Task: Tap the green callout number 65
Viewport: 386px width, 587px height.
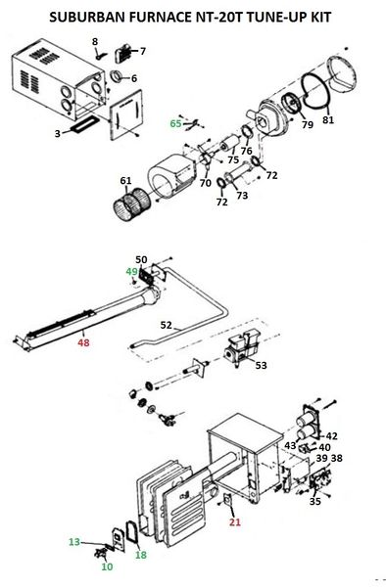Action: pyautogui.click(x=175, y=123)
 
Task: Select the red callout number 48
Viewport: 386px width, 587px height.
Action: pyautogui.click(x=83, y=342)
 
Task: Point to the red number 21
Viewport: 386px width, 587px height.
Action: pyautogui.click(x=235, y=521)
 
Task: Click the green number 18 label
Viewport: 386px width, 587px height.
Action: pyautogui.click(x=141, y=555)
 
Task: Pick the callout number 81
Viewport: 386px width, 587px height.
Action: pyautogui.click(x=328, y=119)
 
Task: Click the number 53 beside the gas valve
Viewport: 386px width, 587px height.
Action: pyautogui.click(x=261, y=365)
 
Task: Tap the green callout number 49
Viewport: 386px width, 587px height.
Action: pyautogui.click(x=132, y=271)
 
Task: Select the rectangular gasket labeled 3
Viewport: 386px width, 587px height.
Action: pyautogui.click(x=82, y=124)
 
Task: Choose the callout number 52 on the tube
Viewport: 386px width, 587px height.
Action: pyautogui.click(x=166, y=325)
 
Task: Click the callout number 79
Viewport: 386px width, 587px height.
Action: pyautogui.click(x=308, y=124)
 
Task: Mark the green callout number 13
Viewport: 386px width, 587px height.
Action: pyautogui.click(x=74, y=541)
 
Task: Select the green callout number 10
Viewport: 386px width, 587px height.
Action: pyautogui.click(x=107, y=566)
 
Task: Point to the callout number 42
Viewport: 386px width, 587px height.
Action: pyautogui.click(x=332, y=435)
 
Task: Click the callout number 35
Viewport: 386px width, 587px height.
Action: pyautogui.click(x=315, y=501)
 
